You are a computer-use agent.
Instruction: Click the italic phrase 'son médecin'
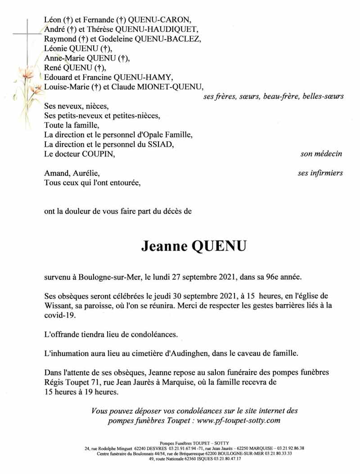pos(321,154)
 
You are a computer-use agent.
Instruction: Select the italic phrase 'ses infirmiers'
pos(320,173)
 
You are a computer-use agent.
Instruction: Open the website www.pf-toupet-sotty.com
pos(238,420)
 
